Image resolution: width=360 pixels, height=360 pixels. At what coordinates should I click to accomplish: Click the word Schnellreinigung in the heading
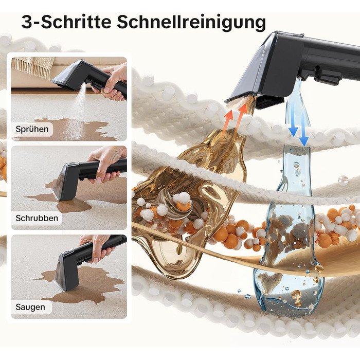[x=191, y=23]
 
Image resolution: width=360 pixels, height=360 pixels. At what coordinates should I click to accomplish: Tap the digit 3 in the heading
[x=26, y=22]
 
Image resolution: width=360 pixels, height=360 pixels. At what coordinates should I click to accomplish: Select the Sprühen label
[x=32, y=129]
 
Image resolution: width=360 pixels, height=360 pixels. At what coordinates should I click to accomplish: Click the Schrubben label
[x=37, y=218]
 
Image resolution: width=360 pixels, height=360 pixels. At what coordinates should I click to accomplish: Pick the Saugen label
[x=30, y=307]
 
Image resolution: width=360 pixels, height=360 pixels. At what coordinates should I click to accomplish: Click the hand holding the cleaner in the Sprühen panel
[x=114, y=82]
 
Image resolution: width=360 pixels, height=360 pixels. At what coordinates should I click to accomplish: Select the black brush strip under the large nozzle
[x=269, y=102]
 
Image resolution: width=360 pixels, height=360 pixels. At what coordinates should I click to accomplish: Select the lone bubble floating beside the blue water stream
[x=343, y=181]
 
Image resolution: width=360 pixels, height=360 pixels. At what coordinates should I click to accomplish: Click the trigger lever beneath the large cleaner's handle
[x=327, y=77]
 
